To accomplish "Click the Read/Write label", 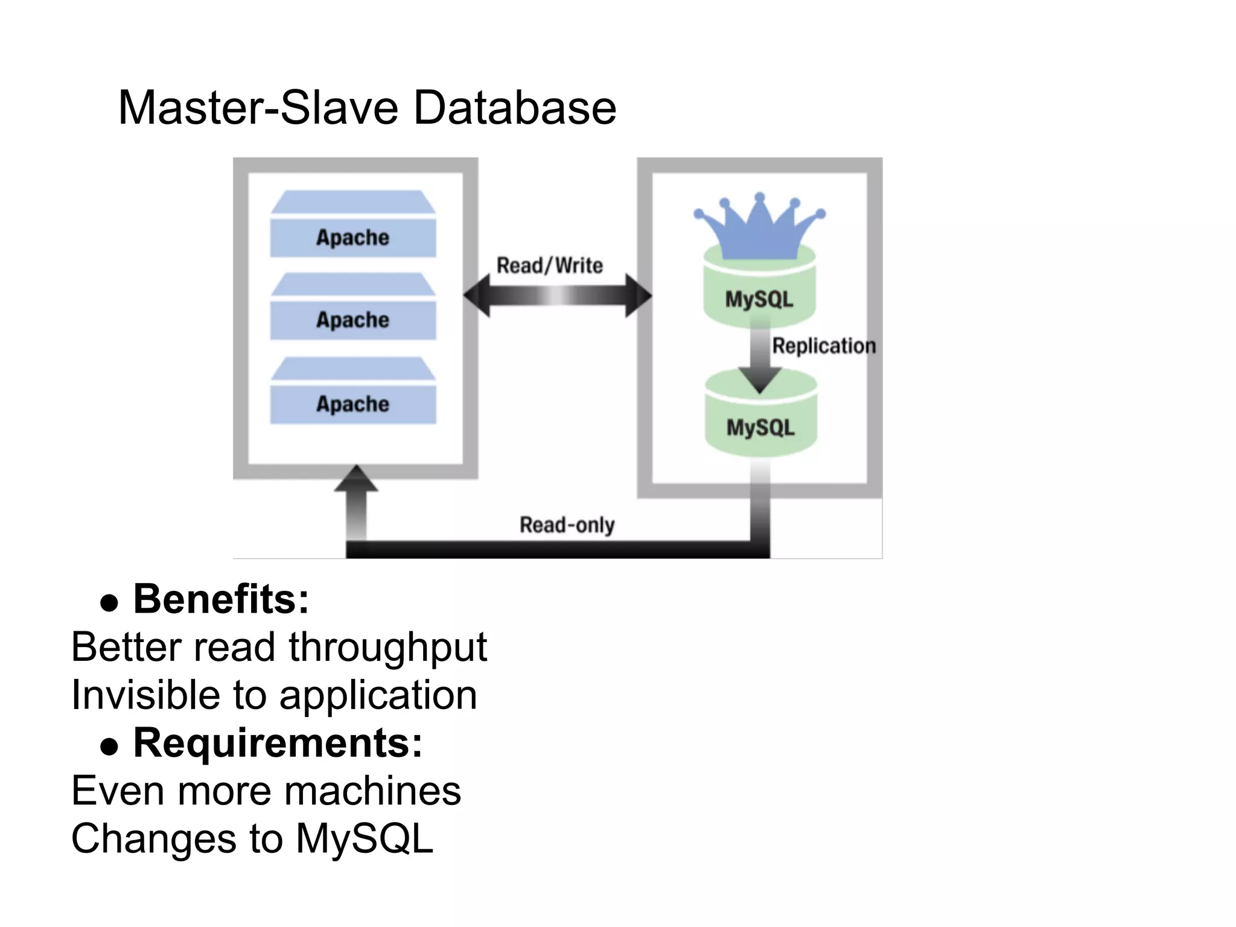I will [549, 266].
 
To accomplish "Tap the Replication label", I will [824, 346].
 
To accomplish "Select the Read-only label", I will [567, 524].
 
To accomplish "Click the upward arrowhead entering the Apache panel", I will [356, 479].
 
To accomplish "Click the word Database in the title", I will [515, 108].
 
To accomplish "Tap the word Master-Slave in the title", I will [258, 108].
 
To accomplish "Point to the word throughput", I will [387, 648].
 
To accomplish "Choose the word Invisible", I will [145, 695].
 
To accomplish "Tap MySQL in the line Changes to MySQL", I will [365, 838].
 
